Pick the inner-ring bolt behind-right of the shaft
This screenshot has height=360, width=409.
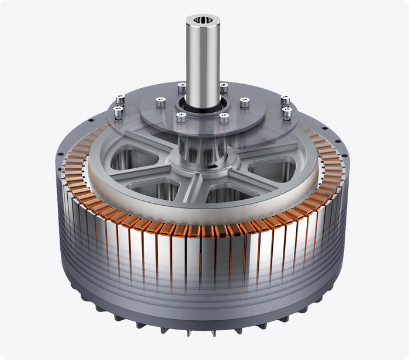pyautogui.click(x=224, y=88)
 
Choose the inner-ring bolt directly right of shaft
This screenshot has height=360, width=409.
pyautogui.click(x=245, y=103)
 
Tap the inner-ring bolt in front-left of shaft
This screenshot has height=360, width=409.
pyautogui.click(x=181, y=117)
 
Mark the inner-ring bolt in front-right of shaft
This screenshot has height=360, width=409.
pyautogui.click(x=224, y=118)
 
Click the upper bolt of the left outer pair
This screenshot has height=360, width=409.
pyautogui.click(x=121, y=99)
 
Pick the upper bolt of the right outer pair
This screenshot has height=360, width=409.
pyautogui.click(x=285, y=100)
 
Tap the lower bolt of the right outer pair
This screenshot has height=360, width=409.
pyautogui.click(x=287, y=111)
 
